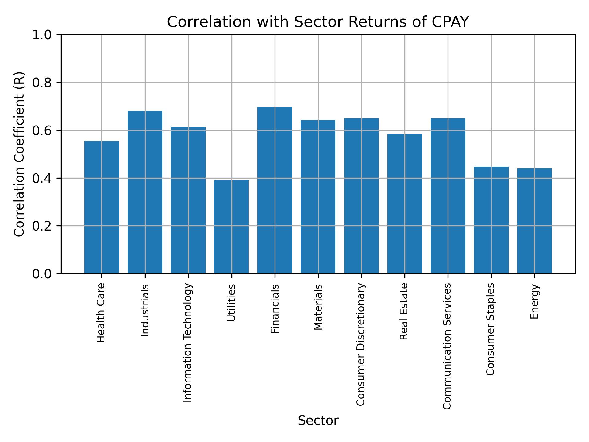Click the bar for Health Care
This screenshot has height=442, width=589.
[x=102, y=207]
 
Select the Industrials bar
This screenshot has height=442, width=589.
[x=145, y=192]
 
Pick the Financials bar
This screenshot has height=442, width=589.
[x=275, y=190]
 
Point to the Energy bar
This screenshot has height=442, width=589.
[x=534, y=221]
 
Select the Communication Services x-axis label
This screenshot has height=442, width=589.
[x=447, y=346]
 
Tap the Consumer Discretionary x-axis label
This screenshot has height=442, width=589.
[x=361, y=344]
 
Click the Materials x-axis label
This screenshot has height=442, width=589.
[x=318, y=307]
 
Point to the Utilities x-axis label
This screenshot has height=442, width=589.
[x=231, y=303]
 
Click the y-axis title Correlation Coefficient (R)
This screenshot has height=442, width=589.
[x=19, y=154]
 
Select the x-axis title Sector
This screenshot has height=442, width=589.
[x=318, y=421]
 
